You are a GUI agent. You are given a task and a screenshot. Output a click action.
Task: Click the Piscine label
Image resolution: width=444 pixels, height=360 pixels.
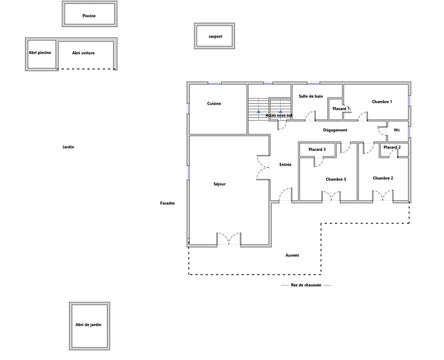[x=89, y=16]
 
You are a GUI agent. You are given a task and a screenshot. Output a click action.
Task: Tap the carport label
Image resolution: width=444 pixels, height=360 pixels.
[x=215, y=37]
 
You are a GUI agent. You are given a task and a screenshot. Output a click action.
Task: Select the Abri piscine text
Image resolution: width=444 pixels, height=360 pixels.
[x=40, y=53]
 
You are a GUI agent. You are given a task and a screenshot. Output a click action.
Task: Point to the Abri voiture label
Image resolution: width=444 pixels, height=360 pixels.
[x=83, y=53]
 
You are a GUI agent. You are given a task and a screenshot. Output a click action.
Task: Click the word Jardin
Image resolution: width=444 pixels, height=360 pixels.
[x=68, y=147]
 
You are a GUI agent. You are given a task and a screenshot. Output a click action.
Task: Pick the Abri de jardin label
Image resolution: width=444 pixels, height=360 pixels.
[x=88, y=325]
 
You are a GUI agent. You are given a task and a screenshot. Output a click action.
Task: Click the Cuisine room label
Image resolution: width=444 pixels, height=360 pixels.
[x=214, y=104]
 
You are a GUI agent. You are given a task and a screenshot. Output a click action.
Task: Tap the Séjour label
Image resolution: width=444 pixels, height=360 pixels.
[x=220, y=184]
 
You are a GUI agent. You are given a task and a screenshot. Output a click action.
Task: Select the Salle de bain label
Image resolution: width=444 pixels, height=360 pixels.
[x=310, y=96]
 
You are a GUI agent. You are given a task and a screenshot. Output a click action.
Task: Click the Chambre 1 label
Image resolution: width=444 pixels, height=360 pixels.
[x=382, y=102]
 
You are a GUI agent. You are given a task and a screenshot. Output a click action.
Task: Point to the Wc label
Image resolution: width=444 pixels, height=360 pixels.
[x=397, y=130]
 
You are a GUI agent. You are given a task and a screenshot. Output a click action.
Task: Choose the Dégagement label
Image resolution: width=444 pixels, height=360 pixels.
[x=335, y=130]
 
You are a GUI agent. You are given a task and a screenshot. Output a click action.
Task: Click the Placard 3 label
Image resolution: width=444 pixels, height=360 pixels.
[x=317, y=149]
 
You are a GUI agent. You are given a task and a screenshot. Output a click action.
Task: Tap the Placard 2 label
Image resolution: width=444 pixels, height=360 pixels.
[x=392, y=147]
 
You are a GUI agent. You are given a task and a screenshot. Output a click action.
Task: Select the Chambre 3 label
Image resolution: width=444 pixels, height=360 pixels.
[x=336, y=179]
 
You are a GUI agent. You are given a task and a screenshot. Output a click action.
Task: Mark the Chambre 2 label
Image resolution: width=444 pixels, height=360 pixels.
[x=383, y=178]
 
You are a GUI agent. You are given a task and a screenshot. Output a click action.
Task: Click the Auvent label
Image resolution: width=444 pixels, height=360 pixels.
[x=292, y=255]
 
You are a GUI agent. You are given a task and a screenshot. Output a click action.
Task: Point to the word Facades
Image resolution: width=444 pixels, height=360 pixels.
[x=167, y=203]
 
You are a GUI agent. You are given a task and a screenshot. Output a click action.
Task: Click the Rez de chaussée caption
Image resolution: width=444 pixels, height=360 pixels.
[x=306, y=285]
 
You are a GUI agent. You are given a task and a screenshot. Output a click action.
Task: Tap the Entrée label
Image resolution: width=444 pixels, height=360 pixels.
[x=286, y=165]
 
